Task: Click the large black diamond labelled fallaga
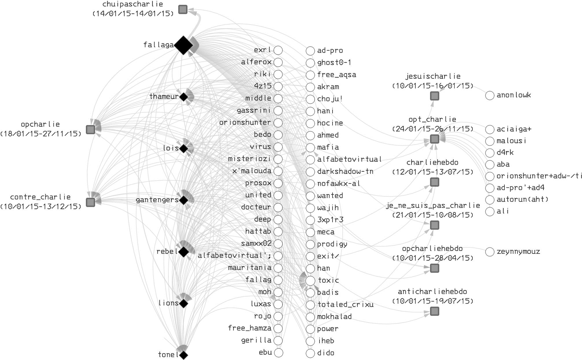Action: click(183, 45)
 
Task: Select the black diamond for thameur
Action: click(183, 97)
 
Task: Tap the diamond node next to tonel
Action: click(183, 355)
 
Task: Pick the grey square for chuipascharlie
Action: click(183, 10)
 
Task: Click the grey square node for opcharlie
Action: click(91, 129)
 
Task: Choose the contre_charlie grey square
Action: click(91, 202)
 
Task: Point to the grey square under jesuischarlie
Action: click(434, 96)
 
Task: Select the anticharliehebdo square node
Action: click(434, 311)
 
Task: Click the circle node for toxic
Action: click(310, 280)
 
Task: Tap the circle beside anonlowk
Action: click(490, 95)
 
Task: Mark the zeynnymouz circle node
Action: click(490, 252)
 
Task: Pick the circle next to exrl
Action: click(278, 50)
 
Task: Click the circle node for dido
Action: click(310, 353)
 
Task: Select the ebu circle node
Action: click(278, 353)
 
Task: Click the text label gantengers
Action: click(157, 200)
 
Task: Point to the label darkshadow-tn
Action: click(345, 171)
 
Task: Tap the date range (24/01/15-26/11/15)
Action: click(433, 129)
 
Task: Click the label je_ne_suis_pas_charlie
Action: click(433, 206)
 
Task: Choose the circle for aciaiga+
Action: click(490, 129)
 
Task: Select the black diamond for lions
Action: click(183, 304)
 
